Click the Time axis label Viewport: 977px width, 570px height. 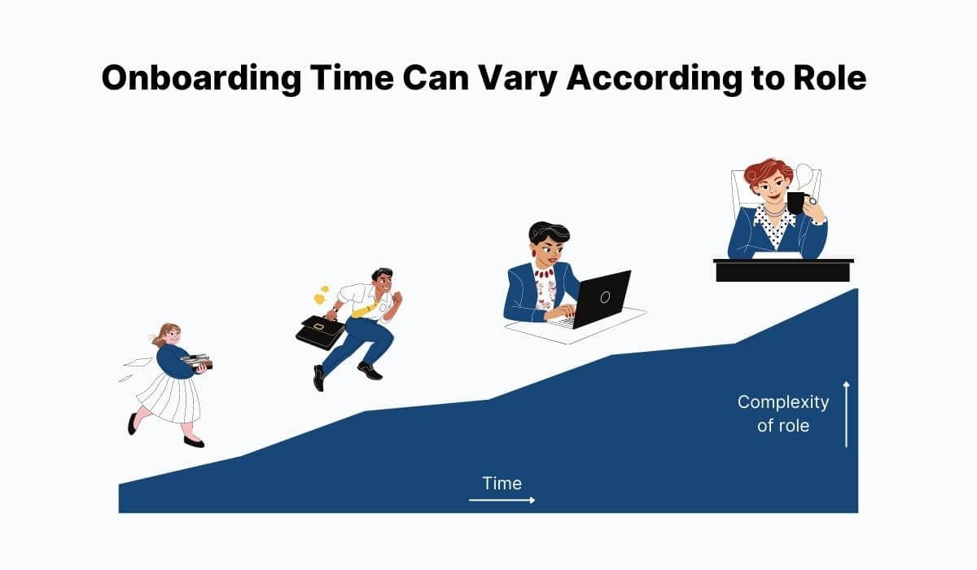502,483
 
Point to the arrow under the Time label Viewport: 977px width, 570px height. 502,500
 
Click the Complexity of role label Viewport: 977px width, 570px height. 782,413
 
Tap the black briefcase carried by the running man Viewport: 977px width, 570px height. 320,331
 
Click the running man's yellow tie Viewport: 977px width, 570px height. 365,309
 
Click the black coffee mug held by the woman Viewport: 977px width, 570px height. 795,202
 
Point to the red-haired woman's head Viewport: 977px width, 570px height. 767,181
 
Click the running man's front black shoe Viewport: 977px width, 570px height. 370,370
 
